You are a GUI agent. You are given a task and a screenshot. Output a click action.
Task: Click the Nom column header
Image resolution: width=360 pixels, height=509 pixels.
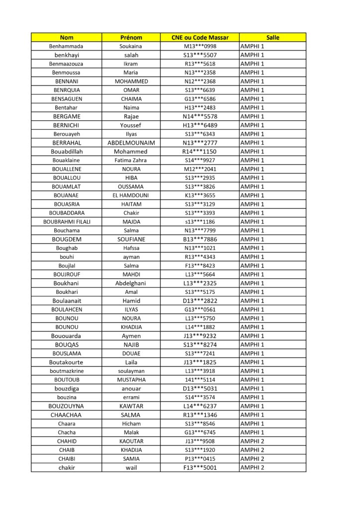[66, 37]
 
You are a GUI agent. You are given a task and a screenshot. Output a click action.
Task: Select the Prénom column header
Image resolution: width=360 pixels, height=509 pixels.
[131, 37]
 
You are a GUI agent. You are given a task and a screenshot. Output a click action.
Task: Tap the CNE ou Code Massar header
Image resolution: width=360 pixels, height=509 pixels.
[200, 37]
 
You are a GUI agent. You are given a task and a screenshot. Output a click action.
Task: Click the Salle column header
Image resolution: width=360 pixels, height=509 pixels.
[272, 37]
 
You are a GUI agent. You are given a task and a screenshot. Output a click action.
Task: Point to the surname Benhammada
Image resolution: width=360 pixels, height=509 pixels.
[66, 46]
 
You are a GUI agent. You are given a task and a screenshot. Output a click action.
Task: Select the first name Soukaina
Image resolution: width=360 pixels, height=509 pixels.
[131, 46]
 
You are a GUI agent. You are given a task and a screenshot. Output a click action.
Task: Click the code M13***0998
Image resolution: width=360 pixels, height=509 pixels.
[200, 46]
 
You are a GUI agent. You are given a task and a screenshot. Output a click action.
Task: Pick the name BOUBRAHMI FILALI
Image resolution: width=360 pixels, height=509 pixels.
[67, 222]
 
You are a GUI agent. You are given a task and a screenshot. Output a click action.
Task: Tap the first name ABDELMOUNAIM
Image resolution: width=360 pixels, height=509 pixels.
[131, 143]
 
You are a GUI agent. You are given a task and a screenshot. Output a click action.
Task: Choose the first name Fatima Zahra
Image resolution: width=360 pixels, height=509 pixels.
[131, 160]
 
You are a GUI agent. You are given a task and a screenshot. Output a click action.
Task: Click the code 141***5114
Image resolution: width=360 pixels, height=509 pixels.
[200, 380]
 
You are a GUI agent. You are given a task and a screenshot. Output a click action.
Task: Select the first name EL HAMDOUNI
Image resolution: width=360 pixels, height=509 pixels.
[131, 195]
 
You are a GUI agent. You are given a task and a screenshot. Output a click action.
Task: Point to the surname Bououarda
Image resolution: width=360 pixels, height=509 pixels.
[66, 336]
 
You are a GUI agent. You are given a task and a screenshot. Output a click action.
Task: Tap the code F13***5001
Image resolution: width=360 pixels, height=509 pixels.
[200, 467]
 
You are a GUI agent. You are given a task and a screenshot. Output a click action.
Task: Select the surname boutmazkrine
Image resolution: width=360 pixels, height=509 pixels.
[67, 371]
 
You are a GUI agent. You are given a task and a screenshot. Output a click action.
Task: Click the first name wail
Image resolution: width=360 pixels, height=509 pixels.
[131, 467]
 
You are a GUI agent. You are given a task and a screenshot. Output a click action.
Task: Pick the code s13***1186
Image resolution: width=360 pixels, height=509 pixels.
[200, 222]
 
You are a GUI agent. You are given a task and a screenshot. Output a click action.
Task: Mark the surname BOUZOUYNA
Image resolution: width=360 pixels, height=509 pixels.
[66, 406]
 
